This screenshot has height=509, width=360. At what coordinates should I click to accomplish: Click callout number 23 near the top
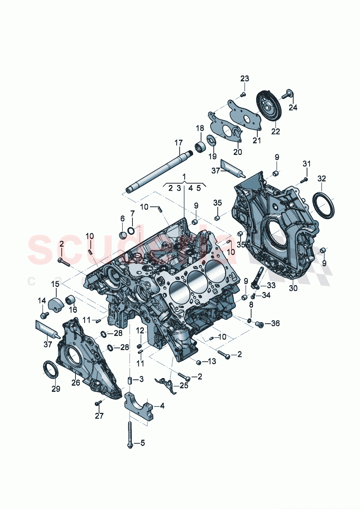click(x=245, y=79)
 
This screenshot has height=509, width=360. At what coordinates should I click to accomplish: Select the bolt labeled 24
click(x=287, y=94)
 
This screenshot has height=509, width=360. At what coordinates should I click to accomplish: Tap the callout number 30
click(x=293, y=288)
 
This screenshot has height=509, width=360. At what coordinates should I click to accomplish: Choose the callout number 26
click(x=75, y=382)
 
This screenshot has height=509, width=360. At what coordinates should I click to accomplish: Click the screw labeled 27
click(x=97, y=403)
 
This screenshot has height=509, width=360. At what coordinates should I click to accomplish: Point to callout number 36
click(x=275, y=323)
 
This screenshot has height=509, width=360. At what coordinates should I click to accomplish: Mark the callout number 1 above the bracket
click(x=184, y=177)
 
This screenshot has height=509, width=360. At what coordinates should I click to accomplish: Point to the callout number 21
click(x=257, y=140)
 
